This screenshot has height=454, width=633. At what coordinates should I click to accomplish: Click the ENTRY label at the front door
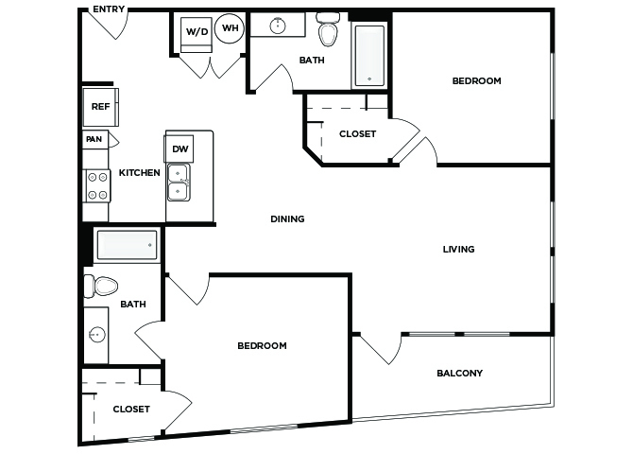coord(109,9)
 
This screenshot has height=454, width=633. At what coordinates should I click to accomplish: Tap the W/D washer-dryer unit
coord(197,34)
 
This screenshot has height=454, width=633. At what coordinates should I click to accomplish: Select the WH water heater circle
coord(230,27)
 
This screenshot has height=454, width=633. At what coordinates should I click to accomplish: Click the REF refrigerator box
coord(100,107)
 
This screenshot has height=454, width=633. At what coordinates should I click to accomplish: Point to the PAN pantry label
coord(94,139)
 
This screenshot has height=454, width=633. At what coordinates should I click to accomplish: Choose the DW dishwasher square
coord(180,148)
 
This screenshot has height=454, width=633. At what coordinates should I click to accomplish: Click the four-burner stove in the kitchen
coord(97,186)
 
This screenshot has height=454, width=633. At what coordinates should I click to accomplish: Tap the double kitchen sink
coord(179,182)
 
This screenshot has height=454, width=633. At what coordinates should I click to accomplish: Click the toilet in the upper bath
coord(328,29)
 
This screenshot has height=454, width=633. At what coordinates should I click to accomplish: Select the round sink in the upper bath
coord(278,26)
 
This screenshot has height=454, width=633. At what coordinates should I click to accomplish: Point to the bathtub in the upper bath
coord(369,56)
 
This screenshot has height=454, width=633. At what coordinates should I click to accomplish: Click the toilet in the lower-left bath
coord(100,287)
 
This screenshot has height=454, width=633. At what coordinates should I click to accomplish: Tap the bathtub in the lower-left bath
coord(127,245)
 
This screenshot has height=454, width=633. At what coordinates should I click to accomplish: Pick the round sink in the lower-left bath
coord(97,334)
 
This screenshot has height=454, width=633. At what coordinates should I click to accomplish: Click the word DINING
coord(287,218)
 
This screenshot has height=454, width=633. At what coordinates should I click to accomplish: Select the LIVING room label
coord(458,249)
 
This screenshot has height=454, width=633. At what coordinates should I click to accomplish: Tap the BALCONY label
coord(460,373)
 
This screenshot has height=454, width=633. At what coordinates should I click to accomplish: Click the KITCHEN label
coord(139,173)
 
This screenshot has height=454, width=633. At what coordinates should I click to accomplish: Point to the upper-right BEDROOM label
coord(477,80)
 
